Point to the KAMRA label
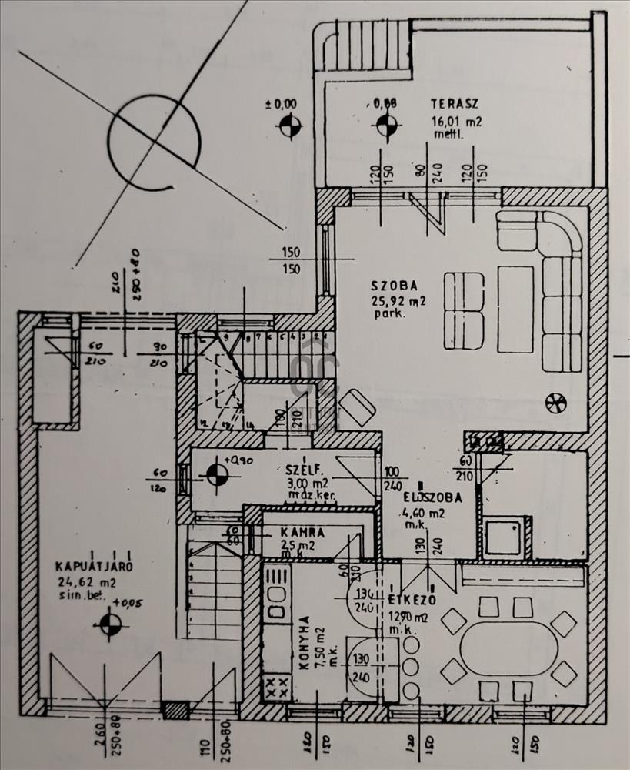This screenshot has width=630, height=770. click(302, 532)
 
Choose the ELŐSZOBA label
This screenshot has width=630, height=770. click(432, 497)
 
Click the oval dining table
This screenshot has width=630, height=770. click(509, 649)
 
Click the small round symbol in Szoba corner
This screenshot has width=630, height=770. click(554, 400)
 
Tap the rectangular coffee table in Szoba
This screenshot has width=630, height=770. click(515, 298)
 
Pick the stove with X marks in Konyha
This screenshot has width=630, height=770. click(277, 685)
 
